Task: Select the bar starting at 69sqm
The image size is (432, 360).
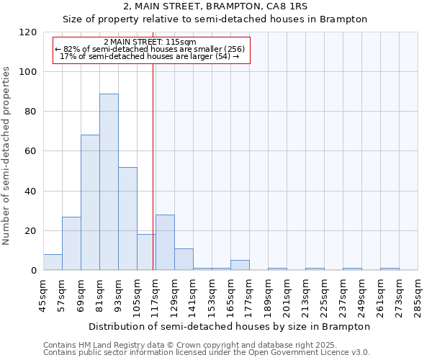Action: (90, 202)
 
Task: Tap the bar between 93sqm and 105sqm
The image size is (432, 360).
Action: (127, 218)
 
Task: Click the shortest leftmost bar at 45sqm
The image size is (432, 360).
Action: (53, 262)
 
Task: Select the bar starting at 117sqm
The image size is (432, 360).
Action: (165, 242)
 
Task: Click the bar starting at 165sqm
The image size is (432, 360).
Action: (240, 265)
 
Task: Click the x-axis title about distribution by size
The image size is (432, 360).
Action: (230, 326)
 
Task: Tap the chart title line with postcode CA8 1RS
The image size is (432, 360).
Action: (215, 6)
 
